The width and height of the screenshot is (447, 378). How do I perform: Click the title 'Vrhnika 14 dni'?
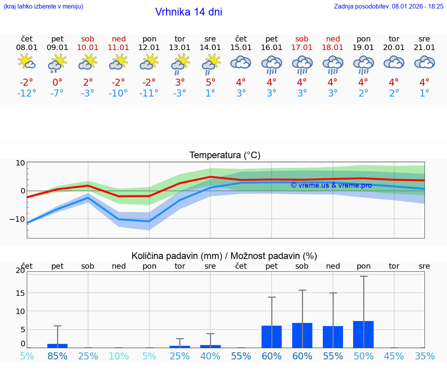[x=189, y=12]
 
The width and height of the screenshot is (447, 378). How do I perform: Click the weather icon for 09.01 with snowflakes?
[x=57, y=63]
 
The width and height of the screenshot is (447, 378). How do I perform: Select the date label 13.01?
[x=180, y=48]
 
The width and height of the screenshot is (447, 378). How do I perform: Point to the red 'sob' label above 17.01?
[x=302, y=39]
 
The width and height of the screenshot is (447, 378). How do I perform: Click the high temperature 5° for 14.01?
[x=210, y=83]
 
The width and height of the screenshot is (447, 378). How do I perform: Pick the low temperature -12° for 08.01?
[x=27, y=93]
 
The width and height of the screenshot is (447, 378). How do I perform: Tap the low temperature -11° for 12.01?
[x=149, y=93]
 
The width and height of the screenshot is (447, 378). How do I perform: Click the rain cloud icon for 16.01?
[x=271, y=64]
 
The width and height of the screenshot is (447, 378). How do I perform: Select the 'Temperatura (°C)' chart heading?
[x=225, y=155]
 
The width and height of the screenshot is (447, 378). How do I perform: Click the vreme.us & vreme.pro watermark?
[x=331, y=185]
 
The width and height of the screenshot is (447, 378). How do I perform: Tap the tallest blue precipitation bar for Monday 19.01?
[x=363, y=334]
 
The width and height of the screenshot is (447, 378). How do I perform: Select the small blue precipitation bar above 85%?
[x=57, y=345]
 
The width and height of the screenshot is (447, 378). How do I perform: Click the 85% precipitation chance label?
[x=57, y=356]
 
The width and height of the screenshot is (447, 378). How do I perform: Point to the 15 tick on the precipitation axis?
[x=20, y=293]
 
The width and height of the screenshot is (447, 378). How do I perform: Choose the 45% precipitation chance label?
[x=394, y=356]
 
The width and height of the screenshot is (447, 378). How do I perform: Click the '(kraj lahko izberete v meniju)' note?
[x=43, y=6]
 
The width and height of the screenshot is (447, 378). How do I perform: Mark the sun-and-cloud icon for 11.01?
[x=118, y=62]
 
